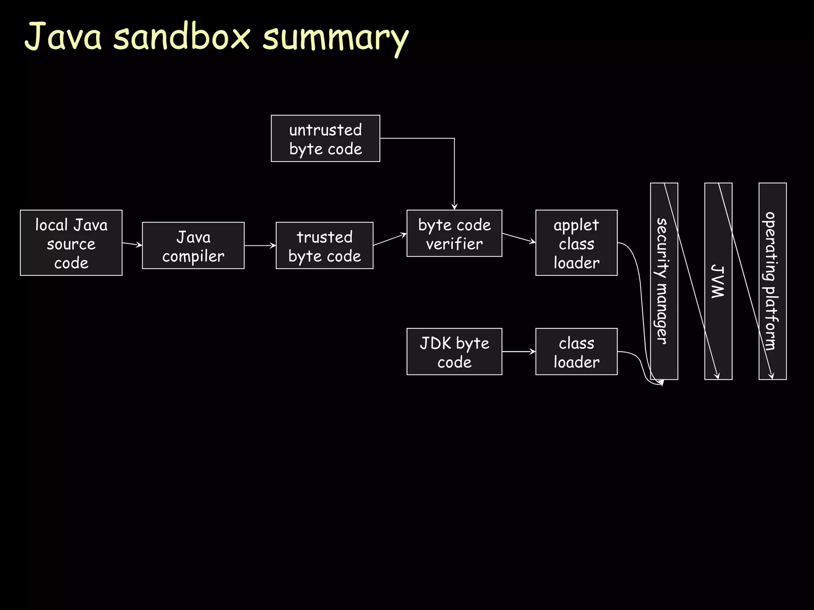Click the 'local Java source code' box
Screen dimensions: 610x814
click(x=71, y=243)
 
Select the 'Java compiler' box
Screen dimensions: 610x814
click(x=193, y=245)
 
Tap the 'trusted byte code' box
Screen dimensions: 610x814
click(x=324, y=245)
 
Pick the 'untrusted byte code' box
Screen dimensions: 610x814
click(x=325, y=138)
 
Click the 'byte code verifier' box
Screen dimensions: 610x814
click(x=454, y=233)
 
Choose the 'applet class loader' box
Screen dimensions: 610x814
click(x=576, y=243)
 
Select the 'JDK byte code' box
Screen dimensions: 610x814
click(x=454, y=351)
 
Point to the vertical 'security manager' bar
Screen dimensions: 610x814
click(x=664, y=281)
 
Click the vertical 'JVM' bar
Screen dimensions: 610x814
click(x=718, y=281)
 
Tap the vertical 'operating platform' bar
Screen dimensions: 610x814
click(x=772, y=281)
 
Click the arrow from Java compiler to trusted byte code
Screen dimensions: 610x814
click(x=260, y=245)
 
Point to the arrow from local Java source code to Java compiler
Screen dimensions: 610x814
click(x=132, y=244)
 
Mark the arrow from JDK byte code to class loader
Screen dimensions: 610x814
click(x=519, y=351)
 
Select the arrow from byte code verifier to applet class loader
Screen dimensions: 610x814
click(x=519, y=238)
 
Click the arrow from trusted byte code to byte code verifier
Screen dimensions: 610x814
click(x=390, y=239)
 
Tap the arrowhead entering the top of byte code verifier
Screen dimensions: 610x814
click(x=454, y=207)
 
